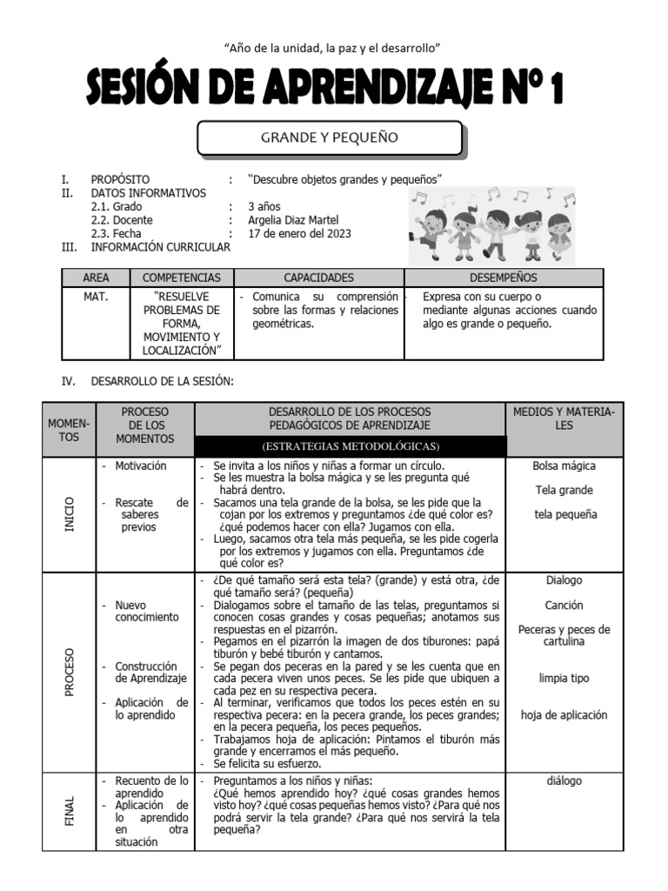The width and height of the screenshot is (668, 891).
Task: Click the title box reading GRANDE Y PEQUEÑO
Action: (330, 138)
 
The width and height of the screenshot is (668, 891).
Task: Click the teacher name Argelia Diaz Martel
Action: (293, 220)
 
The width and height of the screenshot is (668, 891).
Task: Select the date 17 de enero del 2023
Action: (300, 234)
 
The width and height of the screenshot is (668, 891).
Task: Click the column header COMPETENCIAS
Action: (182, 278)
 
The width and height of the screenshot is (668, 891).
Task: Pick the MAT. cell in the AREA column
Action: (96, 297)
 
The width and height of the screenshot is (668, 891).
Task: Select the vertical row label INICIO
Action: (70, 515)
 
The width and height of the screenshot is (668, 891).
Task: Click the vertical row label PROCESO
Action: (70, 671)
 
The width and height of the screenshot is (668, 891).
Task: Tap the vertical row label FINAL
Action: (70, 811)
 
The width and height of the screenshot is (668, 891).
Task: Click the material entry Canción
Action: (564, 605)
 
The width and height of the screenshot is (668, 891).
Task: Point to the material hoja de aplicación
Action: (564, 715)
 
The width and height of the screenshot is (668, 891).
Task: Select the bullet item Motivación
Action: (140, 466)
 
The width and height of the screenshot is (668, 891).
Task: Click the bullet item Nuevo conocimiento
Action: (146, 611)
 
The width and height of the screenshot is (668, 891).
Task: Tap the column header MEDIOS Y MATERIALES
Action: (564, 419)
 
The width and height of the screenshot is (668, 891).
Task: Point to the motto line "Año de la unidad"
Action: (333, 47)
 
